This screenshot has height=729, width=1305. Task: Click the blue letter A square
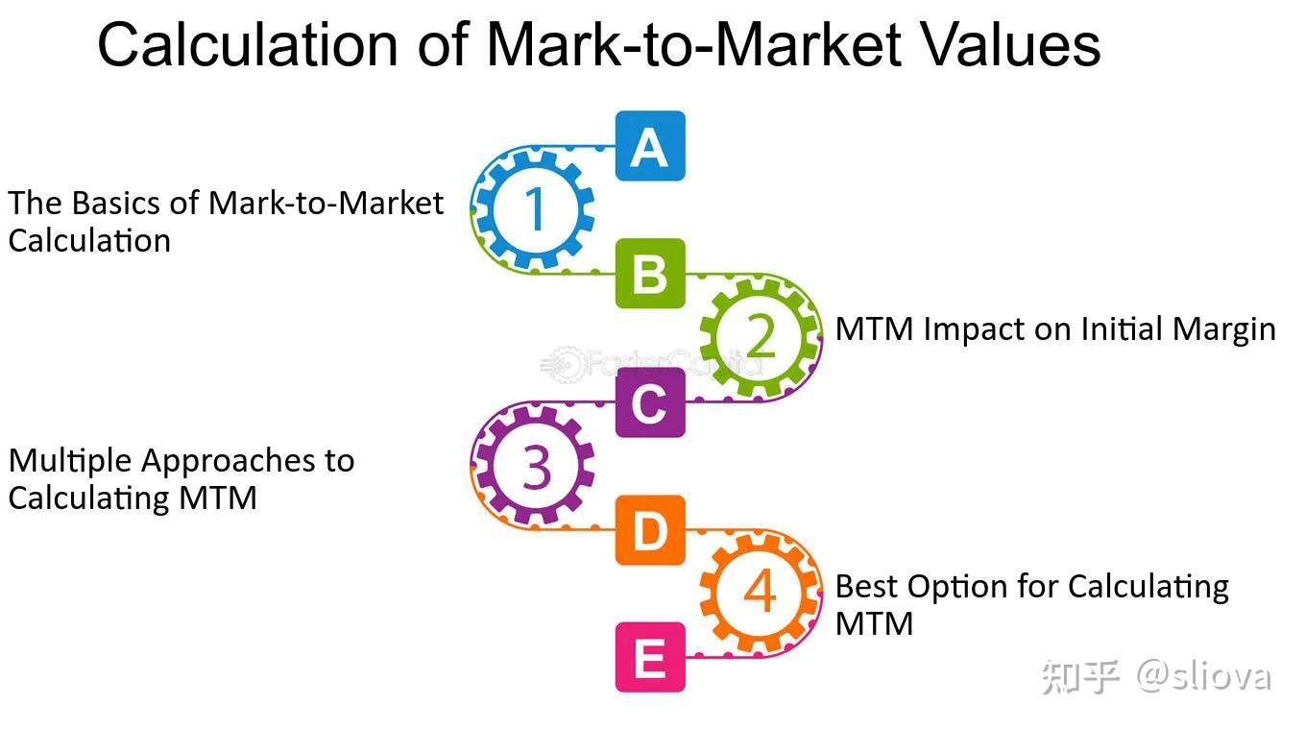pos(650,146)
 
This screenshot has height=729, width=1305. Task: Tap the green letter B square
pos(650,274)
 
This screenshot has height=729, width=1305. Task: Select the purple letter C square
pos(650,402)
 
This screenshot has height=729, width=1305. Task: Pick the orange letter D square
pos(650,530)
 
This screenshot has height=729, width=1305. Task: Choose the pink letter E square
pos(650,658)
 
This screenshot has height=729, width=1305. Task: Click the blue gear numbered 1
pos(534,209)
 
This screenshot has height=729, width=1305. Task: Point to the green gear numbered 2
pos(760,335)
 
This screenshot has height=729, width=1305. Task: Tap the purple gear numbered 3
pos(534,466)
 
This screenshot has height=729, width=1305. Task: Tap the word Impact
pos(968,329)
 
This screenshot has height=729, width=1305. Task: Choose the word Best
pos(866,586)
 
